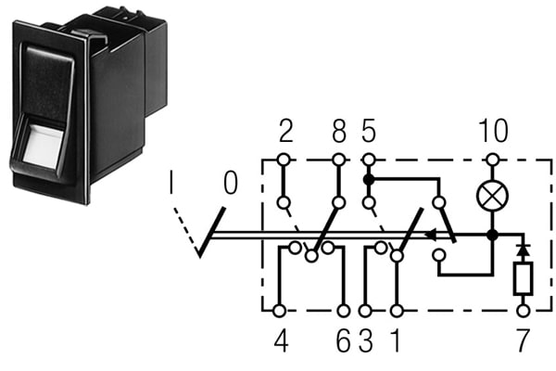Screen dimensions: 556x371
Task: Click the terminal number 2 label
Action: click(285, 131)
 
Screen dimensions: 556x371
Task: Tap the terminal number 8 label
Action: click(339, 131)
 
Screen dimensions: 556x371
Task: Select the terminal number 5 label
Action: click(369, 131)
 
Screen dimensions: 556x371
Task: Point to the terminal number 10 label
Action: click(493, 130)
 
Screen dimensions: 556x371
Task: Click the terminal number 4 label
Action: click(281, 340)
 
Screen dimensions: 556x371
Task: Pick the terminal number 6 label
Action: click(343, 340)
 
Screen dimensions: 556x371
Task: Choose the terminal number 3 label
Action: click(366, 340)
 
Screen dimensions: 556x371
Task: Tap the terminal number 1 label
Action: click(396, 340)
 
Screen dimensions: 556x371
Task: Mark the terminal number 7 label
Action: click(523, 340)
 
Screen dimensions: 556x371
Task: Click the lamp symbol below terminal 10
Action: click(492, 197)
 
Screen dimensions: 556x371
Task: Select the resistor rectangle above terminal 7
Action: click(523, 278)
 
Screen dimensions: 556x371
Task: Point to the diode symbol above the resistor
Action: click(523, 249)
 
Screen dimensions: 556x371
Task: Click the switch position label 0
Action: click(231, 183)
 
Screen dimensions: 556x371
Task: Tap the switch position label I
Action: click(171, 183)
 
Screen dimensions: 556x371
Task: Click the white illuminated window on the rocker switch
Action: click(44, 146)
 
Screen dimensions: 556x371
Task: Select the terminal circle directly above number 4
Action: click(280, 311)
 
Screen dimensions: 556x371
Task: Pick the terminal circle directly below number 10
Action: click(492, 160)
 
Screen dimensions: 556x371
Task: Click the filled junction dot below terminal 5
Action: click(369, 179)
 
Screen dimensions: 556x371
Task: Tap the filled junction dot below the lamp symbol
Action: click(492, 235)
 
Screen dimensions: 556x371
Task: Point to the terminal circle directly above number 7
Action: click(523, 311)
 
